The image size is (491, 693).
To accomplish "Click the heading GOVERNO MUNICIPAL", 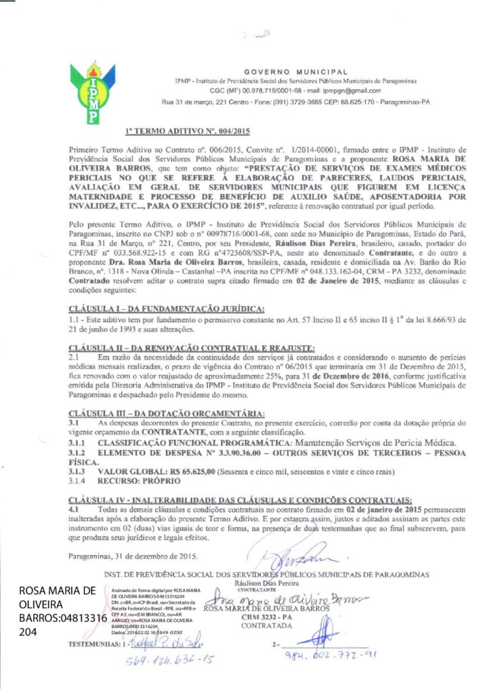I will pyautogui.click(x=296, y=71).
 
